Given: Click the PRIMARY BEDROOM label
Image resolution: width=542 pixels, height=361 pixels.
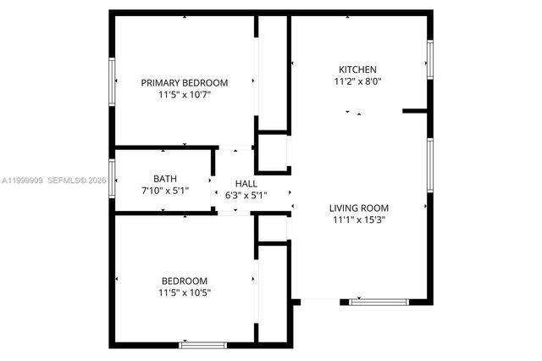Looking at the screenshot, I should [x=185, y=82].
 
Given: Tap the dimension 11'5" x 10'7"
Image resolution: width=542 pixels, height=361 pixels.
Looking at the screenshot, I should [x=185, y=95].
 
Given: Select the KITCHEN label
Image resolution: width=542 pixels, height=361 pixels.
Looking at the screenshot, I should [x=357, y=69].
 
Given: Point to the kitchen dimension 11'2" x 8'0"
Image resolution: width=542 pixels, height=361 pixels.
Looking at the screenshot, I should [x=357, y=82].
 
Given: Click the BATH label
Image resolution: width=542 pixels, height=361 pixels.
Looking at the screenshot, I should [x=165, y=179].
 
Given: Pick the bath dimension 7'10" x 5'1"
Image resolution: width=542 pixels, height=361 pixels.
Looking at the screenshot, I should [x=165, y=192].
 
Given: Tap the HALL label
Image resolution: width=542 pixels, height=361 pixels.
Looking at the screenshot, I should [x=246, y=183].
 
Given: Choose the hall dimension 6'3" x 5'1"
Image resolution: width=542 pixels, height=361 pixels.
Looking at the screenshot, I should [x=246, y=196].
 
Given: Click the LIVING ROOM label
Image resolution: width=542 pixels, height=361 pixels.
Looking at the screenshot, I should [x=359, y=208].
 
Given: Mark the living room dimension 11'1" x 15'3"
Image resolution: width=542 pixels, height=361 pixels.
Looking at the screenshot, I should [x=359, y=220].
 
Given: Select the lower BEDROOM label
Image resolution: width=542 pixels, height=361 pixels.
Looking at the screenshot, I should [x=185, y=280].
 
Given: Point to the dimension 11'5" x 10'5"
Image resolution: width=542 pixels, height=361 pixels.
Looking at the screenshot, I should [x=185, y=293].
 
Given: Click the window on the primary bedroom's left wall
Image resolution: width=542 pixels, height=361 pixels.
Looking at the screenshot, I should [x=111, y=81].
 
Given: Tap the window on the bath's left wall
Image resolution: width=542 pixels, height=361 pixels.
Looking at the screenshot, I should [x=111, y=178].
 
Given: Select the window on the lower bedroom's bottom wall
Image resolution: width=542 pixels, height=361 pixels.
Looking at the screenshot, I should [x=202, y=345].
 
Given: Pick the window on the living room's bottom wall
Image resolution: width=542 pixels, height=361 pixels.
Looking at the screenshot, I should [x=379, y=300].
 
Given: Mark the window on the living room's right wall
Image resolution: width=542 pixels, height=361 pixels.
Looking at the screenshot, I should [x=430, y=166].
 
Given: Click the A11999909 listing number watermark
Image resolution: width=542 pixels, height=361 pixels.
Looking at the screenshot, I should [x=22, y=180].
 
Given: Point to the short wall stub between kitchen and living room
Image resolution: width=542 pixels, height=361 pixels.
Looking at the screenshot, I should [x=414, y=110].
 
